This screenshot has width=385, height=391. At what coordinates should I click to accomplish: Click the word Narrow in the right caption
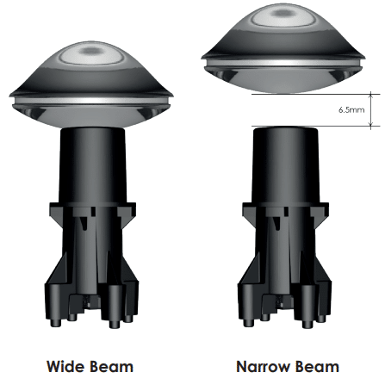[264, 367]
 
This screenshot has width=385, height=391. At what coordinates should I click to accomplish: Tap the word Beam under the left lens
[111, 367]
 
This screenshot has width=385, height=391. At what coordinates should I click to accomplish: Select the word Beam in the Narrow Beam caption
[316, 367]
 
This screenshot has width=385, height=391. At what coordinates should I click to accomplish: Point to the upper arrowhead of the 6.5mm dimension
[370, 95]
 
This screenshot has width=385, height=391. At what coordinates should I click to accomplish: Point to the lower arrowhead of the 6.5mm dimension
[370, 125]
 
